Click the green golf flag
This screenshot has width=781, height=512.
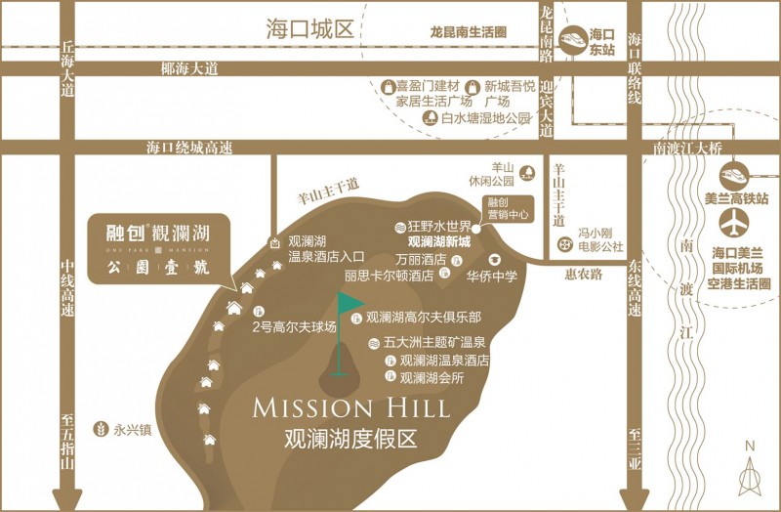tap(349, 306)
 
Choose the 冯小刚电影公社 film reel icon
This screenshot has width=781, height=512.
tap(563, 244)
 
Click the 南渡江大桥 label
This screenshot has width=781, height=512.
tap(686, 149)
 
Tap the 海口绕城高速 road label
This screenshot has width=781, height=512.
tap(190, 149)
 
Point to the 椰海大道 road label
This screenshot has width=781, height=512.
tap(188, 69)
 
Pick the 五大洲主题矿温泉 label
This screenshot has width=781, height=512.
tap(433, 344)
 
